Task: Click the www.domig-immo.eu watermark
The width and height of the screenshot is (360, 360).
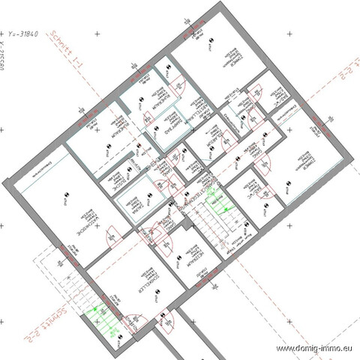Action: point(315,349)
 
